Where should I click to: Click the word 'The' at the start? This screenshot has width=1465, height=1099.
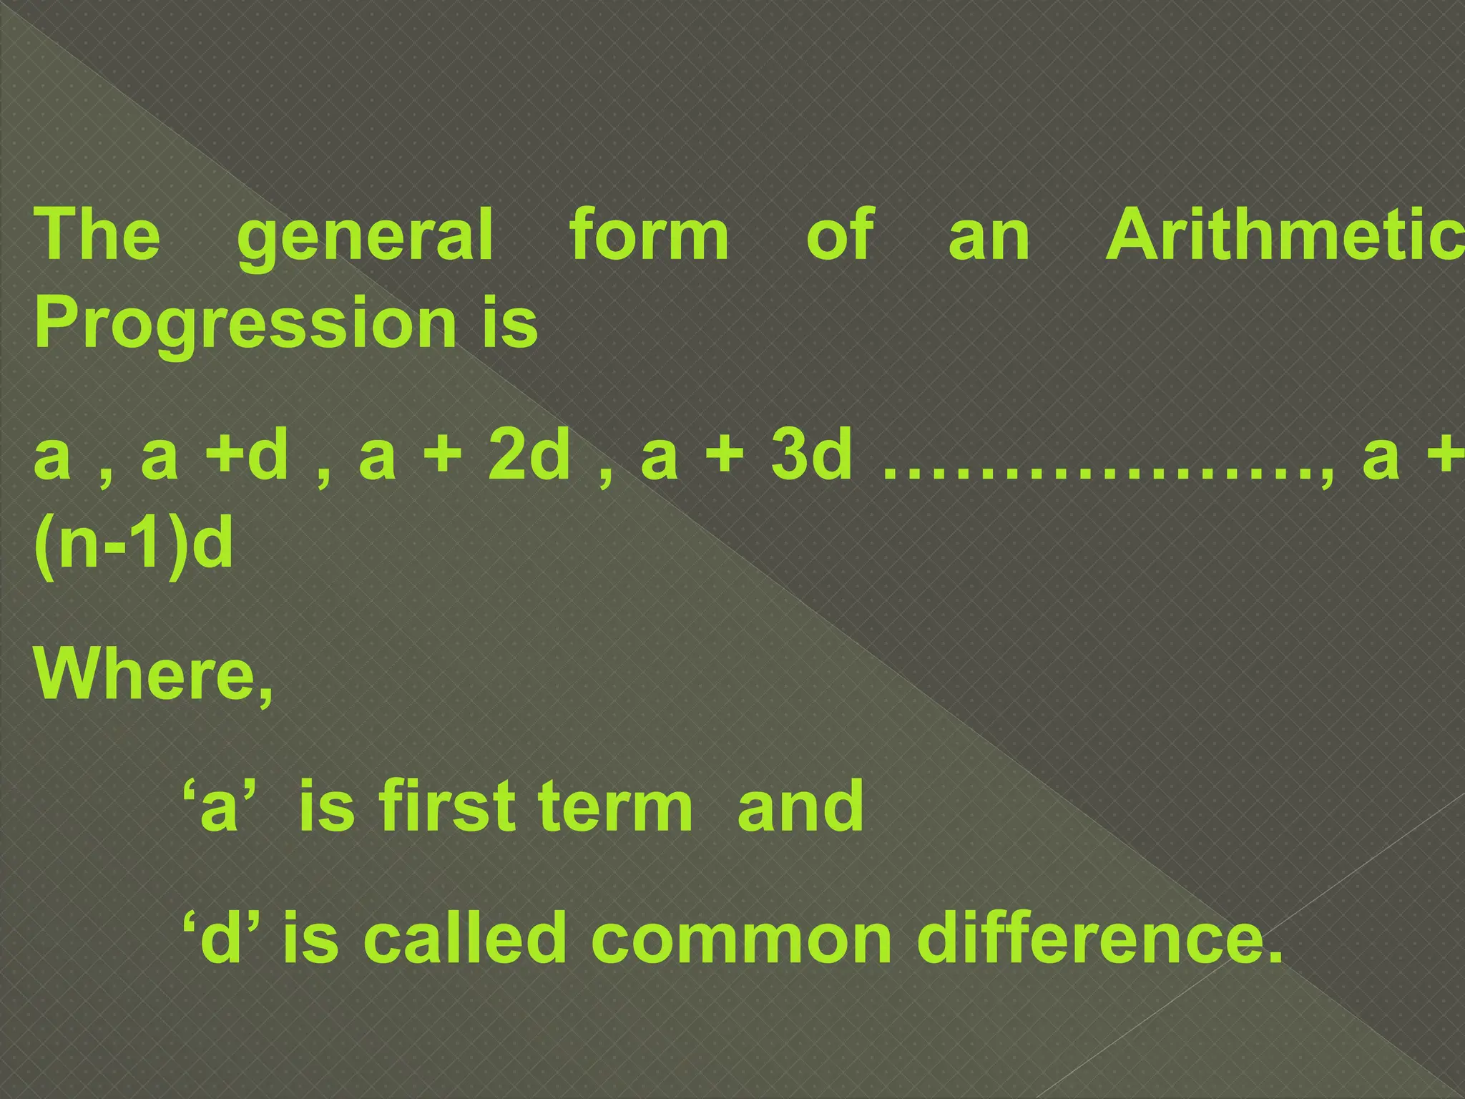click(97, 235)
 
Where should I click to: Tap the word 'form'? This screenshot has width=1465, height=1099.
click(649, 235)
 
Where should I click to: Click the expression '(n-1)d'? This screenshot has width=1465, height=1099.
click(134, 544)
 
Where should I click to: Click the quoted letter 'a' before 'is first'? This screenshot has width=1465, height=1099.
click(219, 806)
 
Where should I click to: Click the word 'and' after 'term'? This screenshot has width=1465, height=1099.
click(800, 806)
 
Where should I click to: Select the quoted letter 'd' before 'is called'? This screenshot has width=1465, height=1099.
click(220, 937)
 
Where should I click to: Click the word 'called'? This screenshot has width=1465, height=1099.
click(465, 937)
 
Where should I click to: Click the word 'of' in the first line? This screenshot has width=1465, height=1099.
click(840, 235)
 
